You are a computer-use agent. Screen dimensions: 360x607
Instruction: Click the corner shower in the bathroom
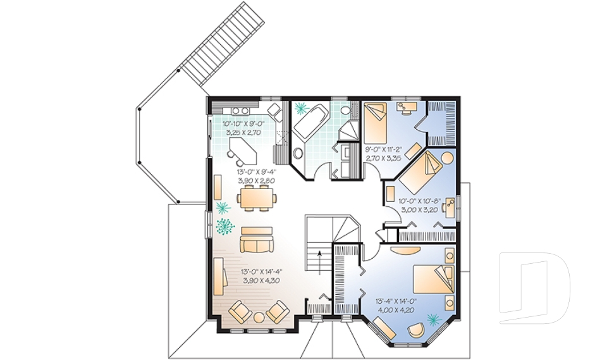coord(347,130)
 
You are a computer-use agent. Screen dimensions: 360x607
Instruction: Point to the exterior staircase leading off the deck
coord(221,41)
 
